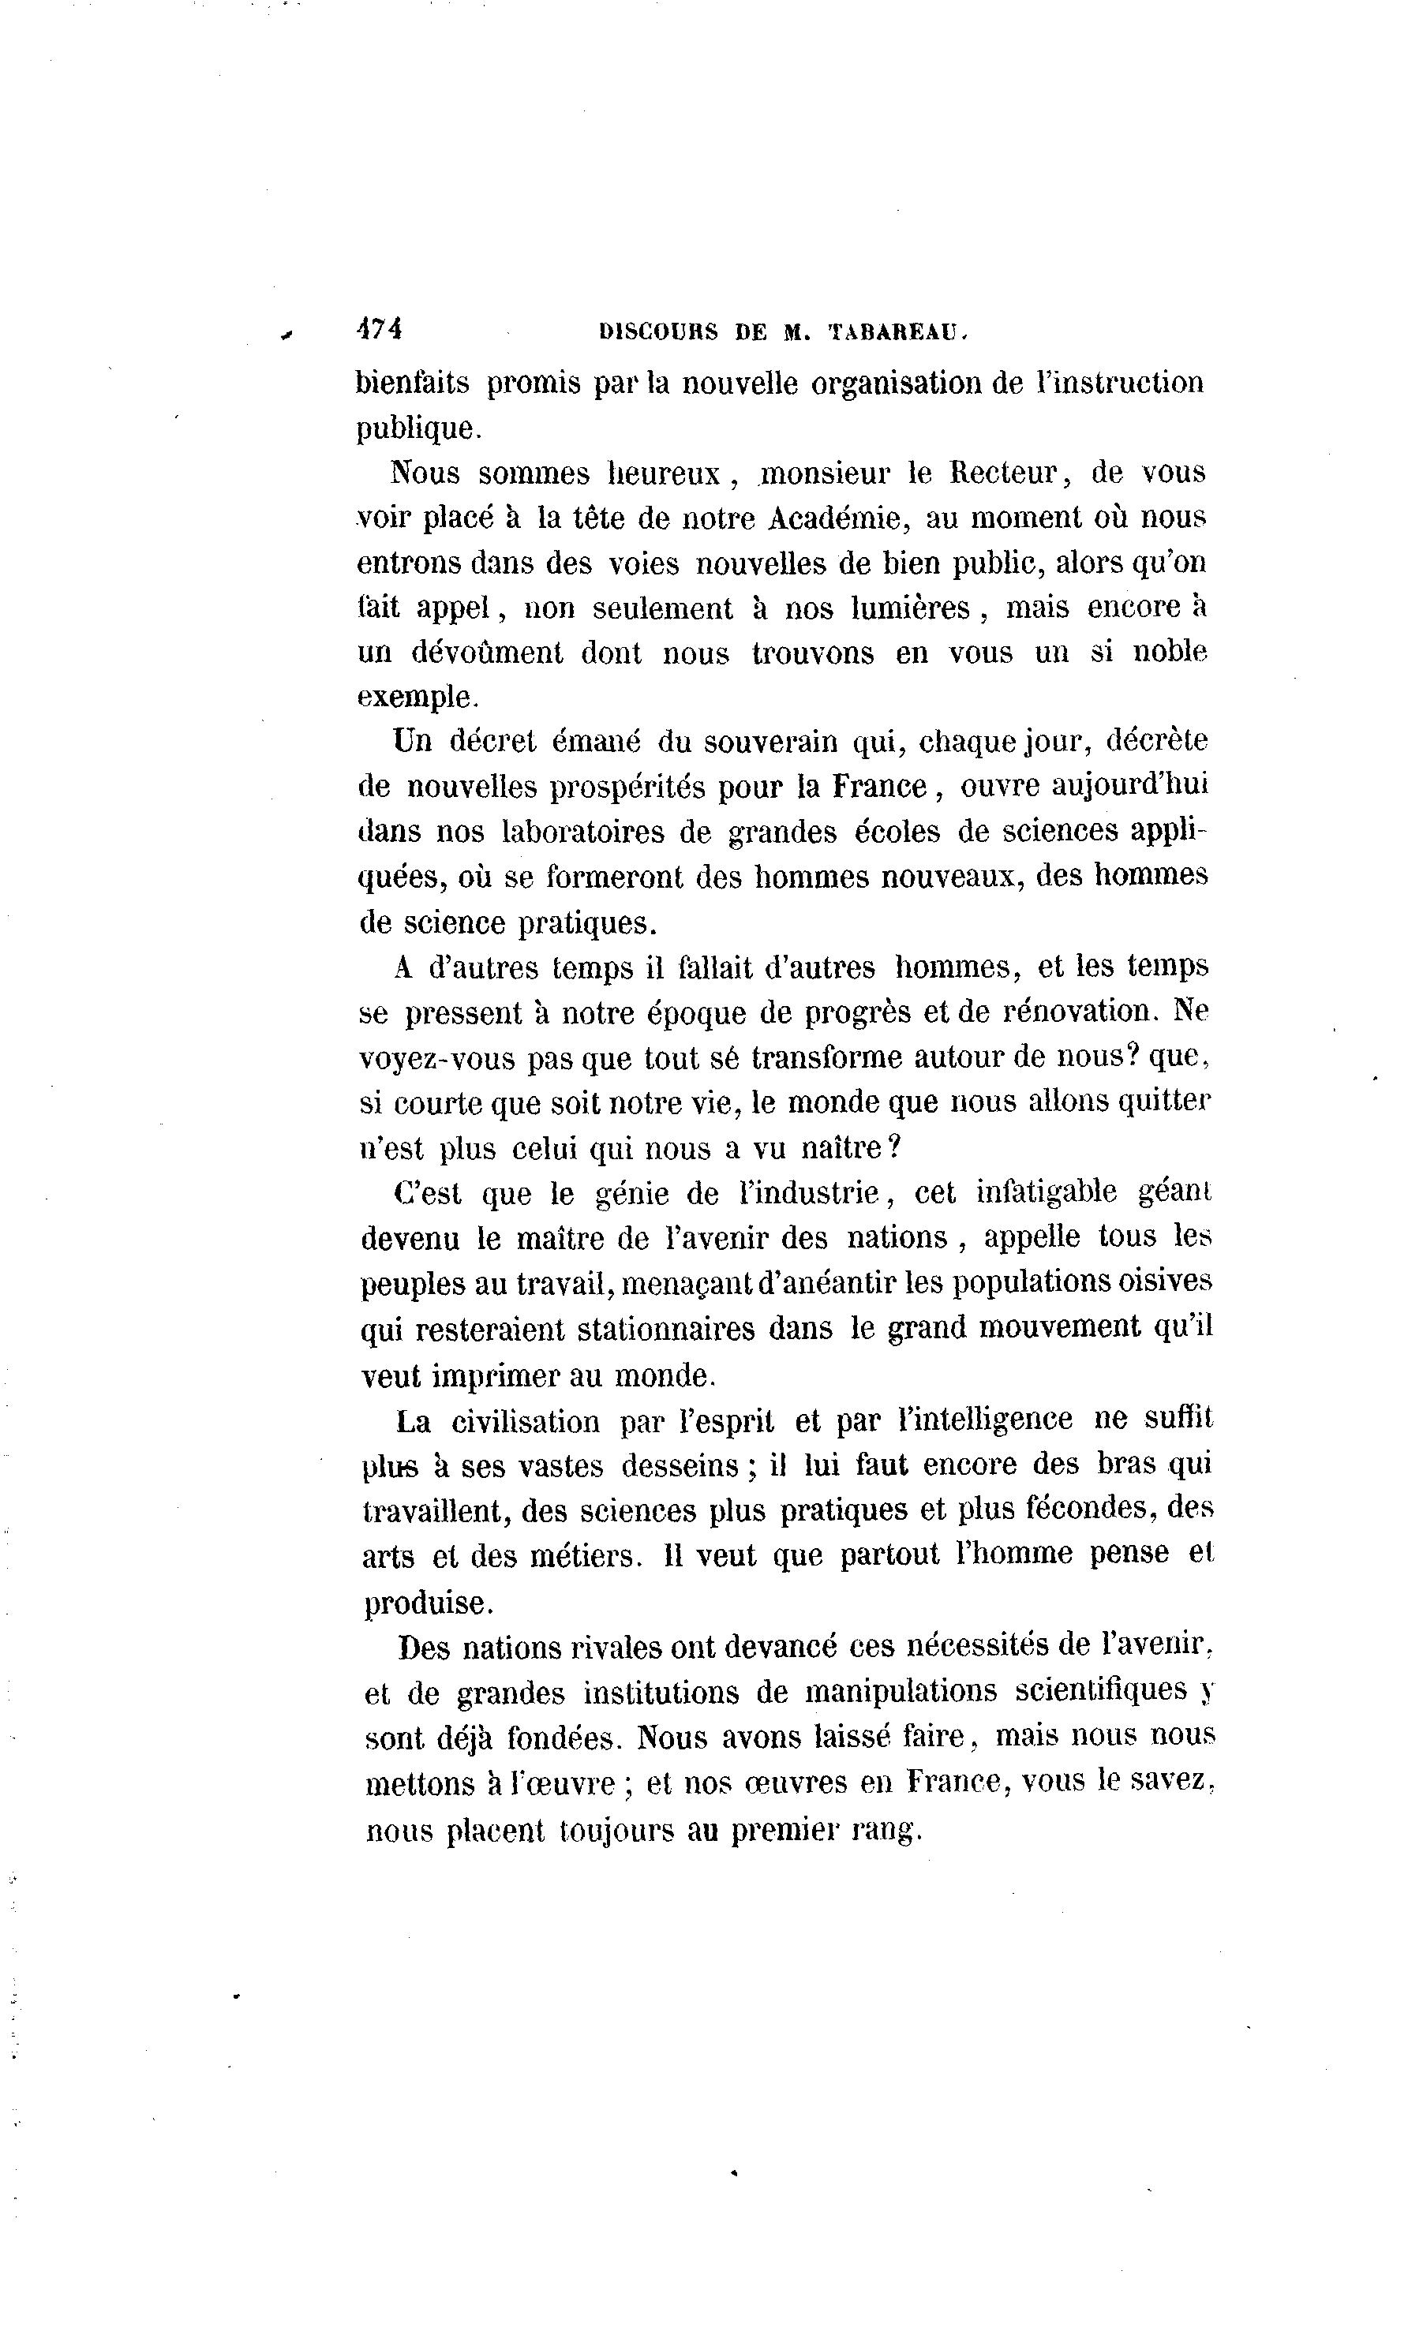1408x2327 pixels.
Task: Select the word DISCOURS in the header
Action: [658, 332]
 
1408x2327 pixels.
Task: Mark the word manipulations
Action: [900, 1689]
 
